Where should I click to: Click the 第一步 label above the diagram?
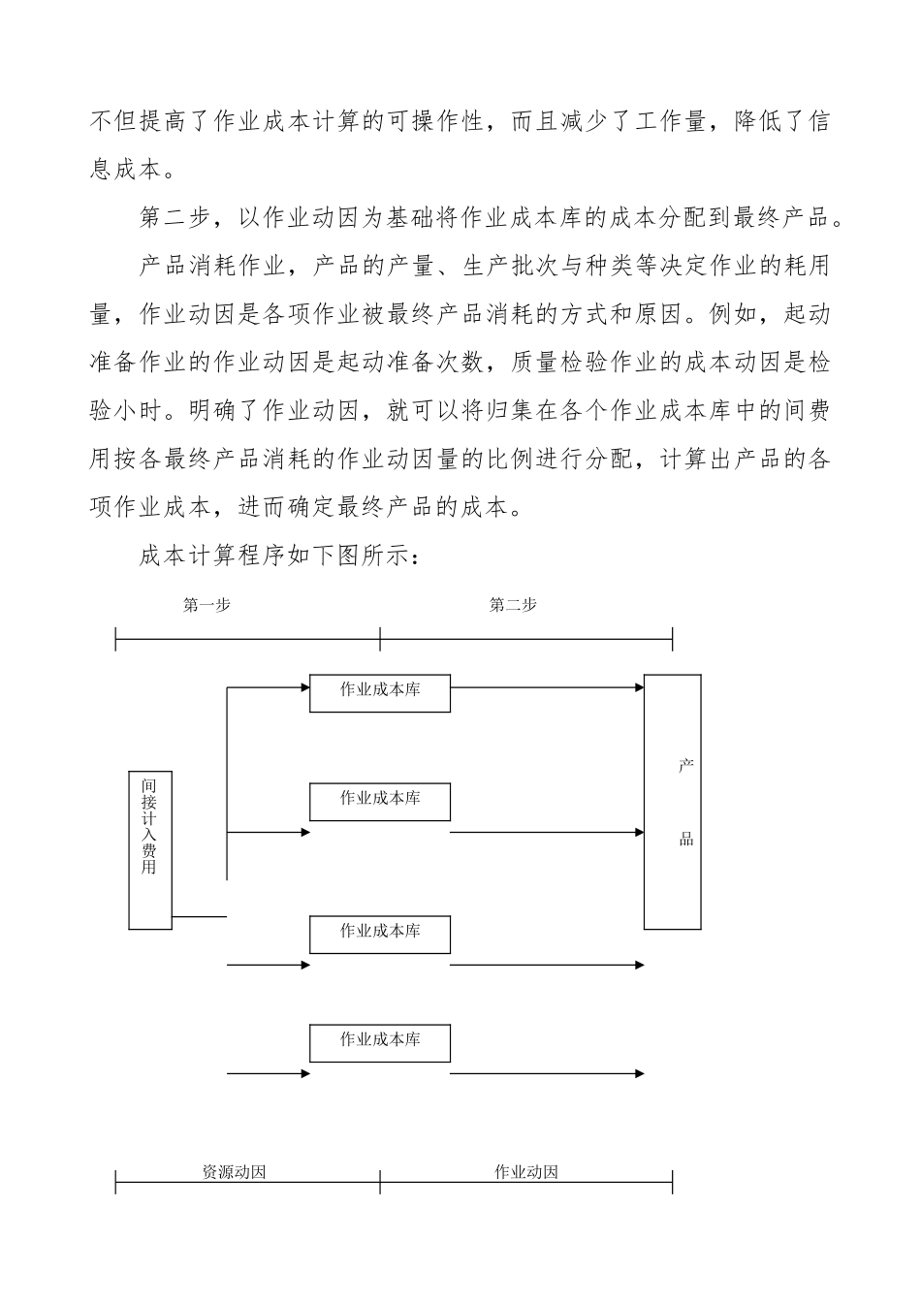click(206, 605)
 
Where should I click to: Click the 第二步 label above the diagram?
click(513, 605)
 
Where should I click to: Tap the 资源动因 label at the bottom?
click(235, 1171)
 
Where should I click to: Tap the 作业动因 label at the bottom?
click(526, 1171)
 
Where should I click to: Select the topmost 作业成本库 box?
click(380, 692)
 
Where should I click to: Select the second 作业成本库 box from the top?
click(380, 801)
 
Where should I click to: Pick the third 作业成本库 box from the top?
click(380, 934)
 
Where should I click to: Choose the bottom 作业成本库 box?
click(380, 1042)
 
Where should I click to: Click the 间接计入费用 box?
click(150, 849)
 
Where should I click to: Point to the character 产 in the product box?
click(686, 767)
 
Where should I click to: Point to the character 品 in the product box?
click(686, 840)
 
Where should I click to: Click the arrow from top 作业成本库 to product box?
click(547, 687)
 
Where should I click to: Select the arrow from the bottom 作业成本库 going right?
click(547, 1073)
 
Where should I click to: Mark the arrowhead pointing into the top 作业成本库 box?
click(303, 687)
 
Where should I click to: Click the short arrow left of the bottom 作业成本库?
click(268, 1073)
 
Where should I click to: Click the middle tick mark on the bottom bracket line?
click(380, 1181)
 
